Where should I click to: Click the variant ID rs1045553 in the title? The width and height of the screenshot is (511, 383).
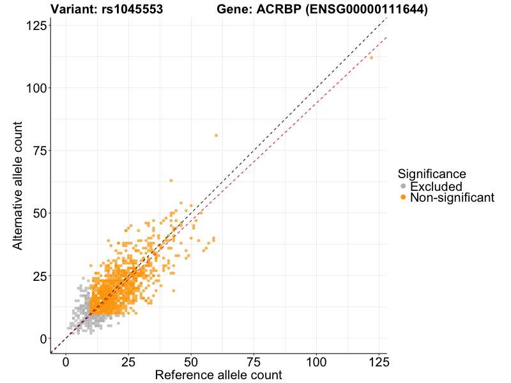coord(134,10)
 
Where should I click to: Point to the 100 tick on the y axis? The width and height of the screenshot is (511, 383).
coord(36,87)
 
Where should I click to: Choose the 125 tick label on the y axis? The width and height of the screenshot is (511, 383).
coord(36,25)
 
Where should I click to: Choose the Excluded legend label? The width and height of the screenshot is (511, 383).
coord(436,186)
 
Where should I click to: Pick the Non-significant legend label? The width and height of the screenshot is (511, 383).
coord(452,198)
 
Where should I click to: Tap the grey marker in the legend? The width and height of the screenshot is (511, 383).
coord(403,186)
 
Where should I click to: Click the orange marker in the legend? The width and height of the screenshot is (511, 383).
coord(403,198)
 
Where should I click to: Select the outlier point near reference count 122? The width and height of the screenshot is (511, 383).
coord(371,57)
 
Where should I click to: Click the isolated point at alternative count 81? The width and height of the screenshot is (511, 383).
coord(216,135)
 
